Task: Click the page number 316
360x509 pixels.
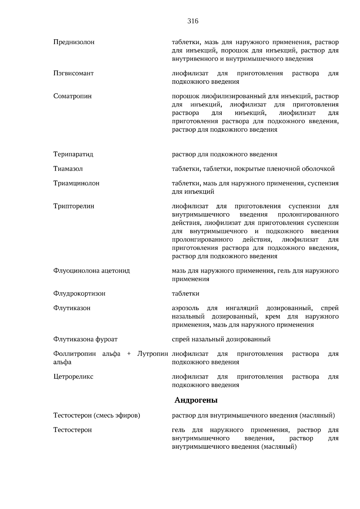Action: click(x=193, y=21)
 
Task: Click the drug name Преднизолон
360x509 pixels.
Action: click(x=74, y=42)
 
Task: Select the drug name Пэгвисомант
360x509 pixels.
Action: click(x=73, y=73)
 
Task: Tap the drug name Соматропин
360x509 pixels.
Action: click(x=73, y=96)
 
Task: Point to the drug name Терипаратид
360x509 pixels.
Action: click(x=73, y=154)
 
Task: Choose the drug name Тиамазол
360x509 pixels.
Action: click(x=68, y=169)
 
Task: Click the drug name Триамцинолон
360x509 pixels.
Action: click(x=76, y=183)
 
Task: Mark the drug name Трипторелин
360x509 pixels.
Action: click(x=74, y=206)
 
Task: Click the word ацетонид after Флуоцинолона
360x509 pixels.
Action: click(x=115, y=271)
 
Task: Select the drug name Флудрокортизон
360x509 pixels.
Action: click(x=79, y=294)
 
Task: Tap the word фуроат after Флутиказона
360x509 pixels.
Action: click(x=106, y=340)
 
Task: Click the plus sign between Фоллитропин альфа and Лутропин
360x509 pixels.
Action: click(x=129, y=354)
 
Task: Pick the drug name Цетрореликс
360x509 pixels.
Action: click(x=73, y=377)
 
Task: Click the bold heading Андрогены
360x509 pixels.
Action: click(x=196, y=400)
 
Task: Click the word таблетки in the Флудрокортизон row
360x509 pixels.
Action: click(x=185, y=294)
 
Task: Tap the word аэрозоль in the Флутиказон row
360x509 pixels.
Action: click(x=185, y=308)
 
